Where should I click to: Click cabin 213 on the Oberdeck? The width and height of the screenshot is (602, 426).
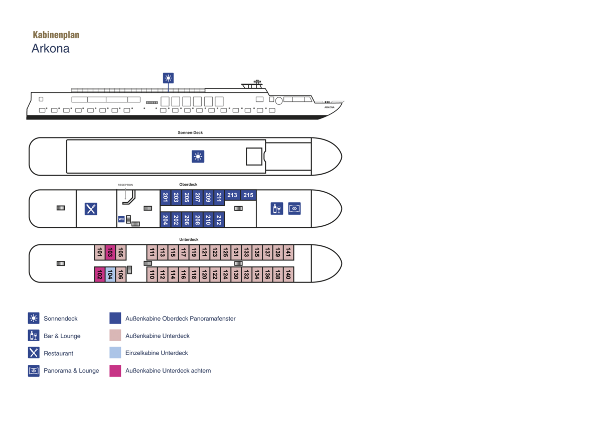(232, 195)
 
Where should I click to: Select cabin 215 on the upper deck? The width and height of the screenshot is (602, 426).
(248, 195)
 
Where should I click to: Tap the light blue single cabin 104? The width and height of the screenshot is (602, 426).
(110, 274)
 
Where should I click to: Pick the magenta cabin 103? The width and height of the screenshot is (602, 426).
(110, 252)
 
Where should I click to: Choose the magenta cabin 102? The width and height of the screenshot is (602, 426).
(99, 274)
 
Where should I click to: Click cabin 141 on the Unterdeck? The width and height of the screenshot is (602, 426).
(288, 252)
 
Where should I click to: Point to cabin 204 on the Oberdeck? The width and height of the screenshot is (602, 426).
(165, 220)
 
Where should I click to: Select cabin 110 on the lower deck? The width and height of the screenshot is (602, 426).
(152, 274)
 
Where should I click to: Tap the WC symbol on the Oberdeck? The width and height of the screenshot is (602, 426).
(121, 219)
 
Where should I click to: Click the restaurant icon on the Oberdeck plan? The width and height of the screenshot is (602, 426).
(91, 209)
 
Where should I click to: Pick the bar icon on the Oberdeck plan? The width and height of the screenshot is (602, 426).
(277, 209)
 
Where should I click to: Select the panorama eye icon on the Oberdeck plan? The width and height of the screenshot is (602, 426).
(294, 209)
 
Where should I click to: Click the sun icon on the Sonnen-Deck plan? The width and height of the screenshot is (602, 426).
(198, 157)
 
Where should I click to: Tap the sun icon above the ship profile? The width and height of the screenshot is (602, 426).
(168, 78)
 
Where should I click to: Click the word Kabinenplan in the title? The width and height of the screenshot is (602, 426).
(56, 35)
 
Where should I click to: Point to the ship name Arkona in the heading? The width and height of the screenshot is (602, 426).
(51, 49)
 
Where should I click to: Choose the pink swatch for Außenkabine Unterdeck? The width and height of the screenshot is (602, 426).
(115, 335)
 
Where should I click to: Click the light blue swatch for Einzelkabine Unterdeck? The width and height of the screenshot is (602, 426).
(115, 353)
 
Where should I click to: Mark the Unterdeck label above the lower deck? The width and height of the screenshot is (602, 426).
(189, 239)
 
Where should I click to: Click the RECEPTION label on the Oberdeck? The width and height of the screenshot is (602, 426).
(125, 185)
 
